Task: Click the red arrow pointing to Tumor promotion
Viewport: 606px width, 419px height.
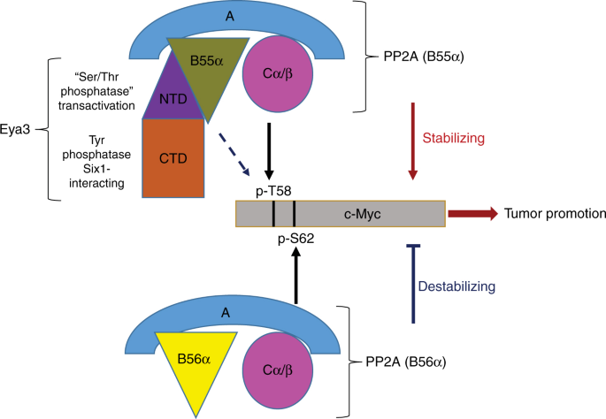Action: click(x=473, y=214)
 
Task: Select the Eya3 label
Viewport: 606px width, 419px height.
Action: click(x=18, y=138)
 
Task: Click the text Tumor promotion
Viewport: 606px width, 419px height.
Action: click(x=554, y=214)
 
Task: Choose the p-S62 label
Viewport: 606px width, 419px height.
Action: click(x=295, y=239)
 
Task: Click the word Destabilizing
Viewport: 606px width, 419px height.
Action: click(x=469, y=286)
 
